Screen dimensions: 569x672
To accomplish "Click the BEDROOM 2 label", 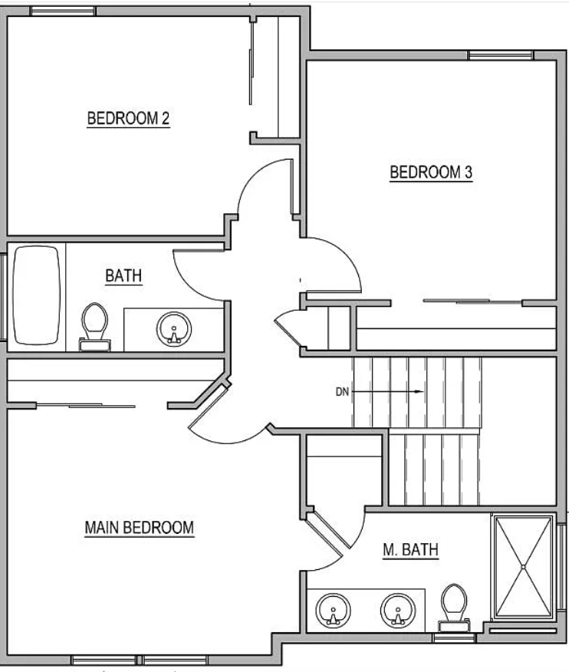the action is pyautogui.click(x=129, y=118).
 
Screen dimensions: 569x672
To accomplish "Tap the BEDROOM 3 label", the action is pyautogui.click(x=431, y=173).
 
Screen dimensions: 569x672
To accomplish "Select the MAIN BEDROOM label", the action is pyautogui.click(x=140, y=528).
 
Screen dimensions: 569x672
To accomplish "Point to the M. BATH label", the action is pyautogui.click(x=410, y=550).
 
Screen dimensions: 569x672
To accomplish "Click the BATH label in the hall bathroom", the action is pyautogui.click(x=123, y=275).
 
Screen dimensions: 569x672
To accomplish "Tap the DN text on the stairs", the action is pyautogui.click(x=342, y=392).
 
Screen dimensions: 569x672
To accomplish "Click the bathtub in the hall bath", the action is pyautogui.click(x=36, y=295).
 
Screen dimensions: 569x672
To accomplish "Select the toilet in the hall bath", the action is pyautogui.click(x=94, y=327).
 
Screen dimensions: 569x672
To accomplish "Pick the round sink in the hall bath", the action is pyautogui.click(x=174, y=330).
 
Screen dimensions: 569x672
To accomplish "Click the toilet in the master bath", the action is pyautogui.click(x=455, y=608).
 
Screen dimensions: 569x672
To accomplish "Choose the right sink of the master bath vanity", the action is pyautogui.click(x=398, y=611).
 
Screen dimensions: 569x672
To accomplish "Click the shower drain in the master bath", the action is pyautogui.click(x=523, y=567).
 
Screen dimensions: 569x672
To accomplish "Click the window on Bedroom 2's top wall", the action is pyautogui.click(x=63, y=12).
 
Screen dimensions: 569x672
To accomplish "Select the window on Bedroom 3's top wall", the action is pyautogui.click(x=501, y=55).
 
